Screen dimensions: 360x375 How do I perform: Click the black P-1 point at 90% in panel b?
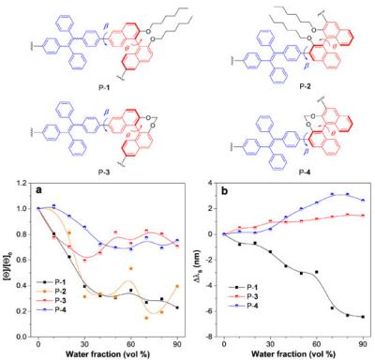[363, 317]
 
